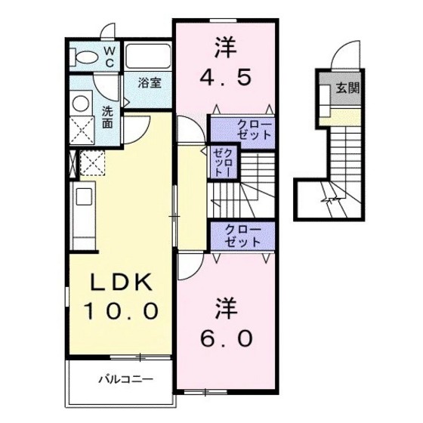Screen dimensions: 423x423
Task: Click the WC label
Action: click(x=108, y=57)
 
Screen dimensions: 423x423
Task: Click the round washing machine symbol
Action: click(x=80, y=103)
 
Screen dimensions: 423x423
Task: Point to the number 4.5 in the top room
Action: click(x=224, y=76)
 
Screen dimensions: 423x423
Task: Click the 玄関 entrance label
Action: click(x=347, y=88)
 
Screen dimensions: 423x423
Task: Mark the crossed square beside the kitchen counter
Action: click(x=91, y=162)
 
